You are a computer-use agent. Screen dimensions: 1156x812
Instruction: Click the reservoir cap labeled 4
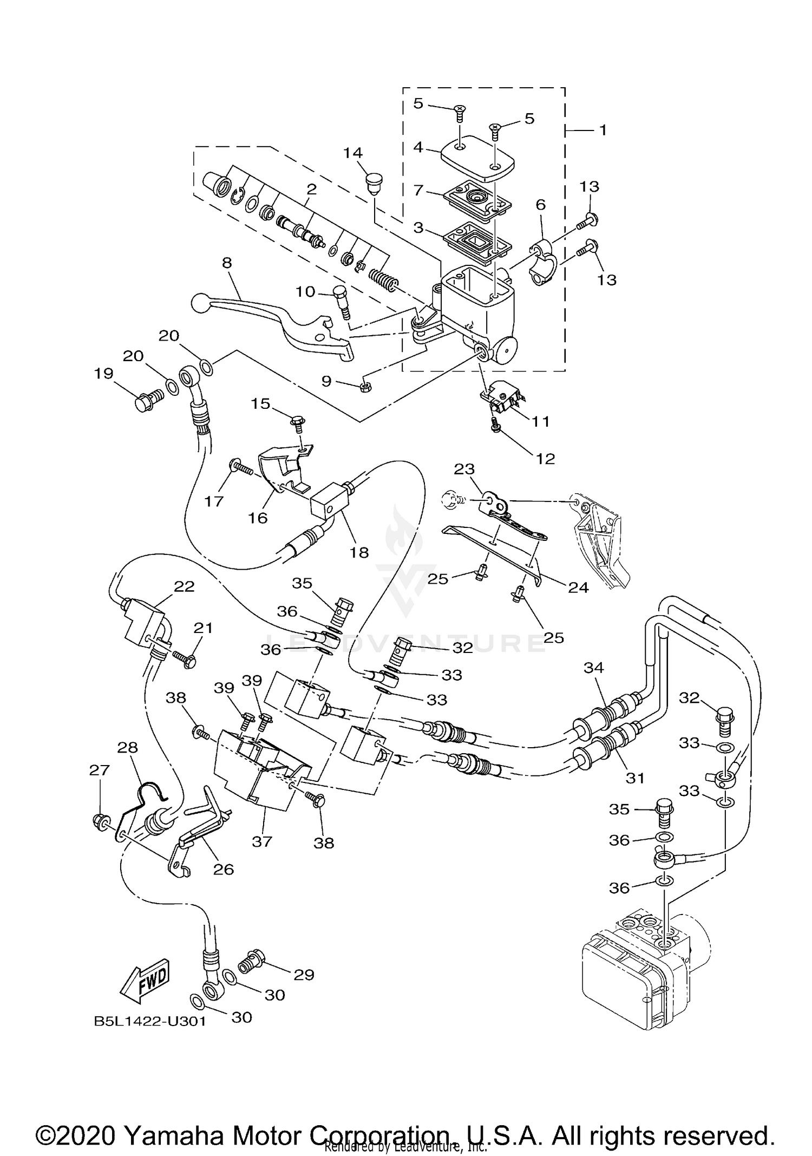click(x=476, y=158)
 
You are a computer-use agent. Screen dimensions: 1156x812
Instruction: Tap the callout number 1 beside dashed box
click(x=603, y=130)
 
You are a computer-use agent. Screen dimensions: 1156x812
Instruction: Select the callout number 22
click(x=184, y=586)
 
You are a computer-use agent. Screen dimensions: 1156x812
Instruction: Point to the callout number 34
click(x=593, y=668)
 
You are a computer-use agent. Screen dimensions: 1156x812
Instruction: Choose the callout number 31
click(x=635, y=778)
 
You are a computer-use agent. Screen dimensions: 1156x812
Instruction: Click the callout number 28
click(x=128, y=748)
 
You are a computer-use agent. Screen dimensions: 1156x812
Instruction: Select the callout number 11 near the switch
click(x=540, y=421)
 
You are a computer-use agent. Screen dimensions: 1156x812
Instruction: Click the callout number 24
click(x=578, y=587)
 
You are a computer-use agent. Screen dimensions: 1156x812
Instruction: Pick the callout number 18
click(x=359, y=552)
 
